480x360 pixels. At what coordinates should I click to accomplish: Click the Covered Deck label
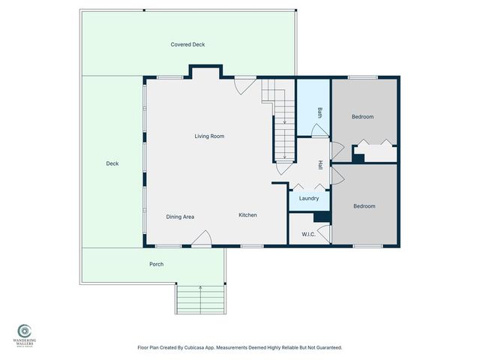coord(187,44)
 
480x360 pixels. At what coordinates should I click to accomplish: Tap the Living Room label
coord(209,136)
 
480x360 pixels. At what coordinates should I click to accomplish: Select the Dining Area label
coord(180,217)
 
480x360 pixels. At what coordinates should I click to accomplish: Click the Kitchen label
coord(247,215)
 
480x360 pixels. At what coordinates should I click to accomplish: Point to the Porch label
coord(156,264)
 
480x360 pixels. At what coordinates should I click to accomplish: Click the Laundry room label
coord(309,199)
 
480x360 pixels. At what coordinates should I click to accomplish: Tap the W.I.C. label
coord(307,234)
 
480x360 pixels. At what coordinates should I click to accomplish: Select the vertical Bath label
coord(319,113)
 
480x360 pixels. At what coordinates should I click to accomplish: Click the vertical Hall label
coord(319,164)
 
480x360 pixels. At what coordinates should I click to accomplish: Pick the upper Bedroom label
coord(363,116)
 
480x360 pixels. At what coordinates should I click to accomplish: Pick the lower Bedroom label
coord(364,205)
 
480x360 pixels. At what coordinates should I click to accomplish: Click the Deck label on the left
coord(112,163)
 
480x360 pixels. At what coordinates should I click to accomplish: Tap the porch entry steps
coord(201,301)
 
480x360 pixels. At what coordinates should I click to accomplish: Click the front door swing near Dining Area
coord(201,239)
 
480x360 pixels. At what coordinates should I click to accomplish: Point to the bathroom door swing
coord(319,130)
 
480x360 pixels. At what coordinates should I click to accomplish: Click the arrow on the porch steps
coord(200,288)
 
